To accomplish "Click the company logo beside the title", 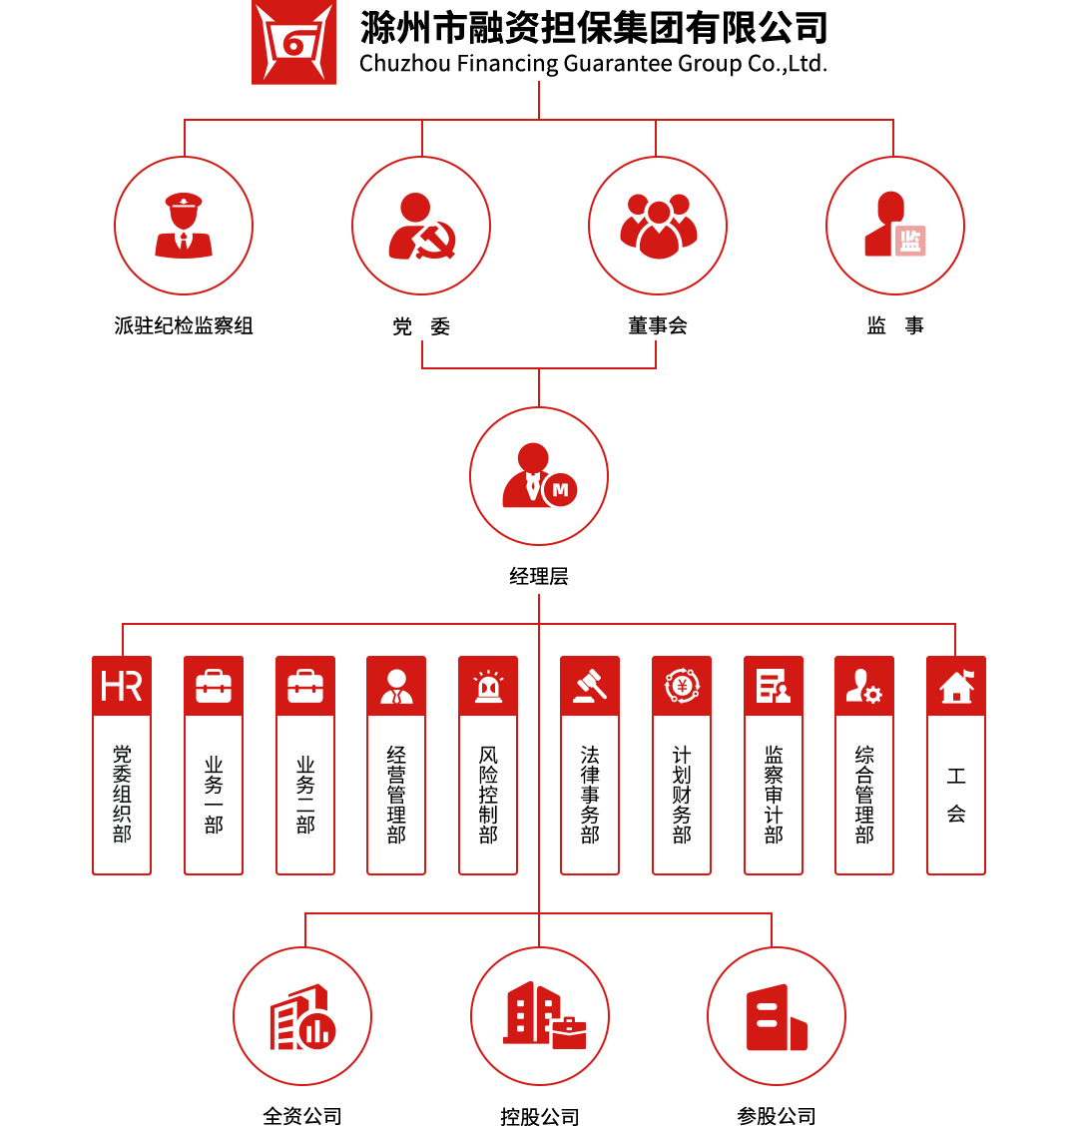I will [293, 42].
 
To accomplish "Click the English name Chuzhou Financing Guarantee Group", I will [593, 64].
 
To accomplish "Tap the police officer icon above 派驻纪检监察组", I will [184, 226].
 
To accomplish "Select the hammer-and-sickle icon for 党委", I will [421, 226].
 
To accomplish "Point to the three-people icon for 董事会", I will [658, 226].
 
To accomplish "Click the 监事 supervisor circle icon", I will [895, 226].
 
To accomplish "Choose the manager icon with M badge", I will [539, 476].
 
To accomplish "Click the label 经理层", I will [539, 576].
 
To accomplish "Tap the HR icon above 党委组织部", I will [122, 687].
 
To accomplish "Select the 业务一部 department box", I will [214, 794].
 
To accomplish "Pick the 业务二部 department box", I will [305, 794].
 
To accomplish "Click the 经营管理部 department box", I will [396, 794].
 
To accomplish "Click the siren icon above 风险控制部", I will [488, 687].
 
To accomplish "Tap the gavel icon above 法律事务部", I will [590, 687].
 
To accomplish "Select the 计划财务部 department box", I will [682, 794].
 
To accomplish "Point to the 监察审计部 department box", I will [774, 794].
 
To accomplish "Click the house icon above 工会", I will [956, 687].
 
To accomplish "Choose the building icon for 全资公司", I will [302, 1016].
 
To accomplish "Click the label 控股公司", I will [539, 1116].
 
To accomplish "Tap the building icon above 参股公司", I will [777, 1016].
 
